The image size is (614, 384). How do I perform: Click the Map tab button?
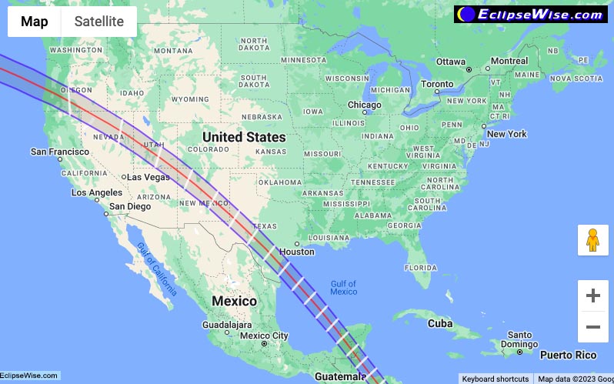coord(35,22)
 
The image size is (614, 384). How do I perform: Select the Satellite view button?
coord(98,22)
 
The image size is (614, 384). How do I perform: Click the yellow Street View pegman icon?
coord(592,241)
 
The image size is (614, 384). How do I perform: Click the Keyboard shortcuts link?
coord(495,379)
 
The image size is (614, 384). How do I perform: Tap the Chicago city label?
coord(364,105)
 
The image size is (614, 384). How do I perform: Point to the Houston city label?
coord(297,252)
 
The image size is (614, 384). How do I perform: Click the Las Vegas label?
coord(148,177)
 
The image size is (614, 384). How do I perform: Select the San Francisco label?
coord(60,152)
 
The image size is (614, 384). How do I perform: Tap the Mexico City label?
coord(264,336)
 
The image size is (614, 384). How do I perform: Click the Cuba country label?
coord(440,323)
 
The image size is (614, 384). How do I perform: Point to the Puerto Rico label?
coord(568,356)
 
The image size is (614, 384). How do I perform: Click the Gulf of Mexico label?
coord(343,288)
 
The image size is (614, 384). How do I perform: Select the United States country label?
coord(243,137)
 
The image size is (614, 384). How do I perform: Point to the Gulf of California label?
coord(157,269)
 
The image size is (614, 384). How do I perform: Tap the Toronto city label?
coord(437,84)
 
